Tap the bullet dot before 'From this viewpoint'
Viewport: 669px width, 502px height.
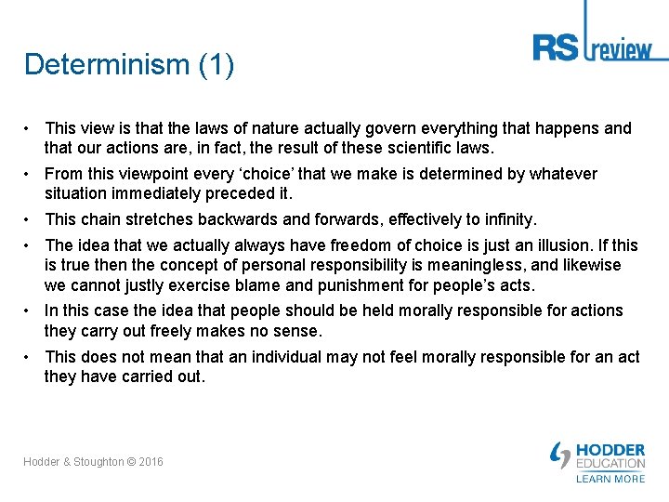pos(31,174)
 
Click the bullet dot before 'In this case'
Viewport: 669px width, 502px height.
pos(31,310)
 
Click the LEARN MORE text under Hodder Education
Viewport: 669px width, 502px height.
pos(610,479)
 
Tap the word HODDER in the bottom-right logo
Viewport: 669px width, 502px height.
pos(610,450)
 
